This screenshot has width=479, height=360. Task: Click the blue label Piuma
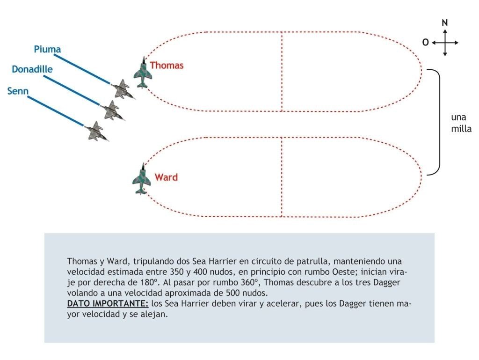point(47,49)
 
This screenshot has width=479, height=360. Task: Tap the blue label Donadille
point(32,69)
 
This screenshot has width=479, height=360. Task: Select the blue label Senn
point(18,91)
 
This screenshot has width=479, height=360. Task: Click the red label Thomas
point(167,66)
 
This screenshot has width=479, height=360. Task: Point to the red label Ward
point(166,177)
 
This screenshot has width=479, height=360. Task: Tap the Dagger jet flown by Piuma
point(123,89)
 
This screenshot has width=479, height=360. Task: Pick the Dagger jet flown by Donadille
point(112,110)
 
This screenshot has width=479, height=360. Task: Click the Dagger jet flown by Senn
point(96,132)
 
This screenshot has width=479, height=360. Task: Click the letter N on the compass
point(445,23)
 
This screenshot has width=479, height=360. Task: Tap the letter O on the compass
point(426,43)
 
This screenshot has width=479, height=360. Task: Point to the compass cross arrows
point(445,43)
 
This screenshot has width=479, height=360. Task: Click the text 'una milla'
point(461,123)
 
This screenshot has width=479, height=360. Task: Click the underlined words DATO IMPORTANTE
point(108,303)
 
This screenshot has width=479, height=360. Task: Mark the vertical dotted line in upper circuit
point(282,72)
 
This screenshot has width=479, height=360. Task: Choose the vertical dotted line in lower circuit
point(282,177)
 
